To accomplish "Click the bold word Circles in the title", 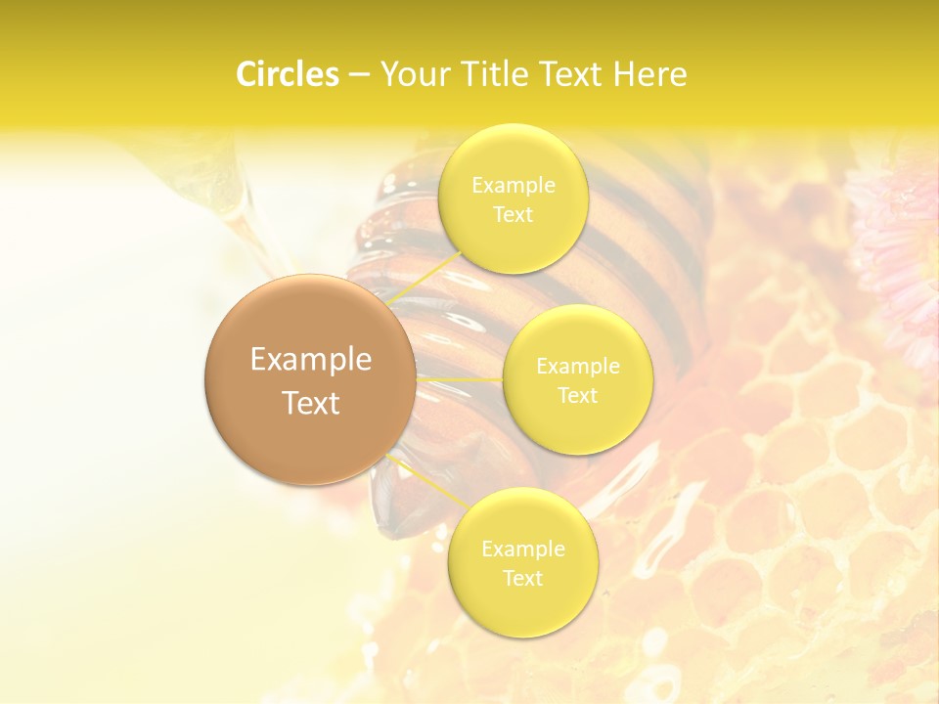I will (287, 74).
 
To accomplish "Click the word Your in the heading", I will (412, 74).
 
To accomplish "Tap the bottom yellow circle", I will (522, 606).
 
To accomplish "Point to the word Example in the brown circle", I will (310, 360).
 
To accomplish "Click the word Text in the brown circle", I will (310, 403).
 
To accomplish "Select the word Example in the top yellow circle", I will (513, 186).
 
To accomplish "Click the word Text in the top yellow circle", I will (513, 215).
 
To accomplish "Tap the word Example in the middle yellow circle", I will (577, 367).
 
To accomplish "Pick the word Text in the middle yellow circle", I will (577, 396).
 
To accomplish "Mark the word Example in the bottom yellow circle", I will (522, 550).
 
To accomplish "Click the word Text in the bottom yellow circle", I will (522, 579).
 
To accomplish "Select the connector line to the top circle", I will (425, 278).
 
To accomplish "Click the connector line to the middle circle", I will (460, 378).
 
